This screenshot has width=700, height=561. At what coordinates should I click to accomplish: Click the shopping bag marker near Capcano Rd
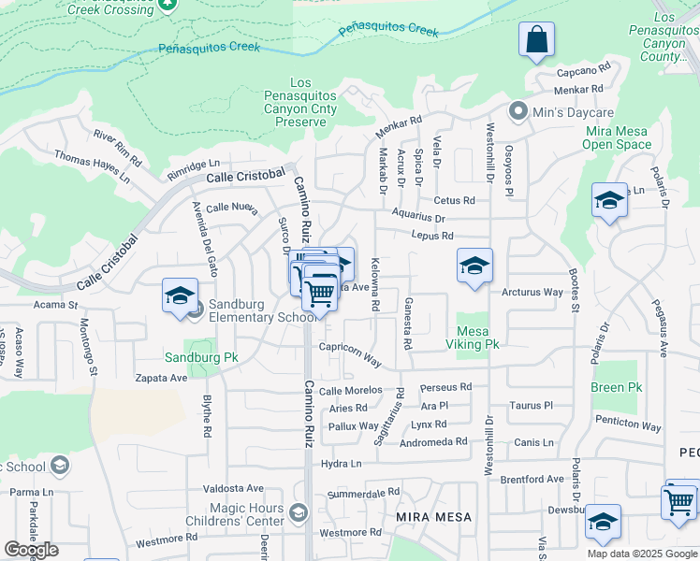[x=536, y=41]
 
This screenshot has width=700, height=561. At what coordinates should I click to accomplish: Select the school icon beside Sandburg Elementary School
[x=179, y=296]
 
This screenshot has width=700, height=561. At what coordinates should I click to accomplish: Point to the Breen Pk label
[x=616, y=387]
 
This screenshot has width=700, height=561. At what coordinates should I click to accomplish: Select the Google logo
[x=31, y=550]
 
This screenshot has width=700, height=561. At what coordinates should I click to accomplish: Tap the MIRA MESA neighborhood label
[x=433, y=517]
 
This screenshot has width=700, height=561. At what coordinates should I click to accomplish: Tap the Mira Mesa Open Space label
[x=616, y=137]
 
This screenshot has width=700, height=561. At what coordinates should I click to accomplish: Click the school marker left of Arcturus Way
[x=474, y=265]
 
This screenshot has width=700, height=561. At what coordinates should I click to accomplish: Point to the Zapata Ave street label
[x=161, y=379]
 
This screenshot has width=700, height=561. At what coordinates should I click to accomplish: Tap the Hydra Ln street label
[x=341, y=463]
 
